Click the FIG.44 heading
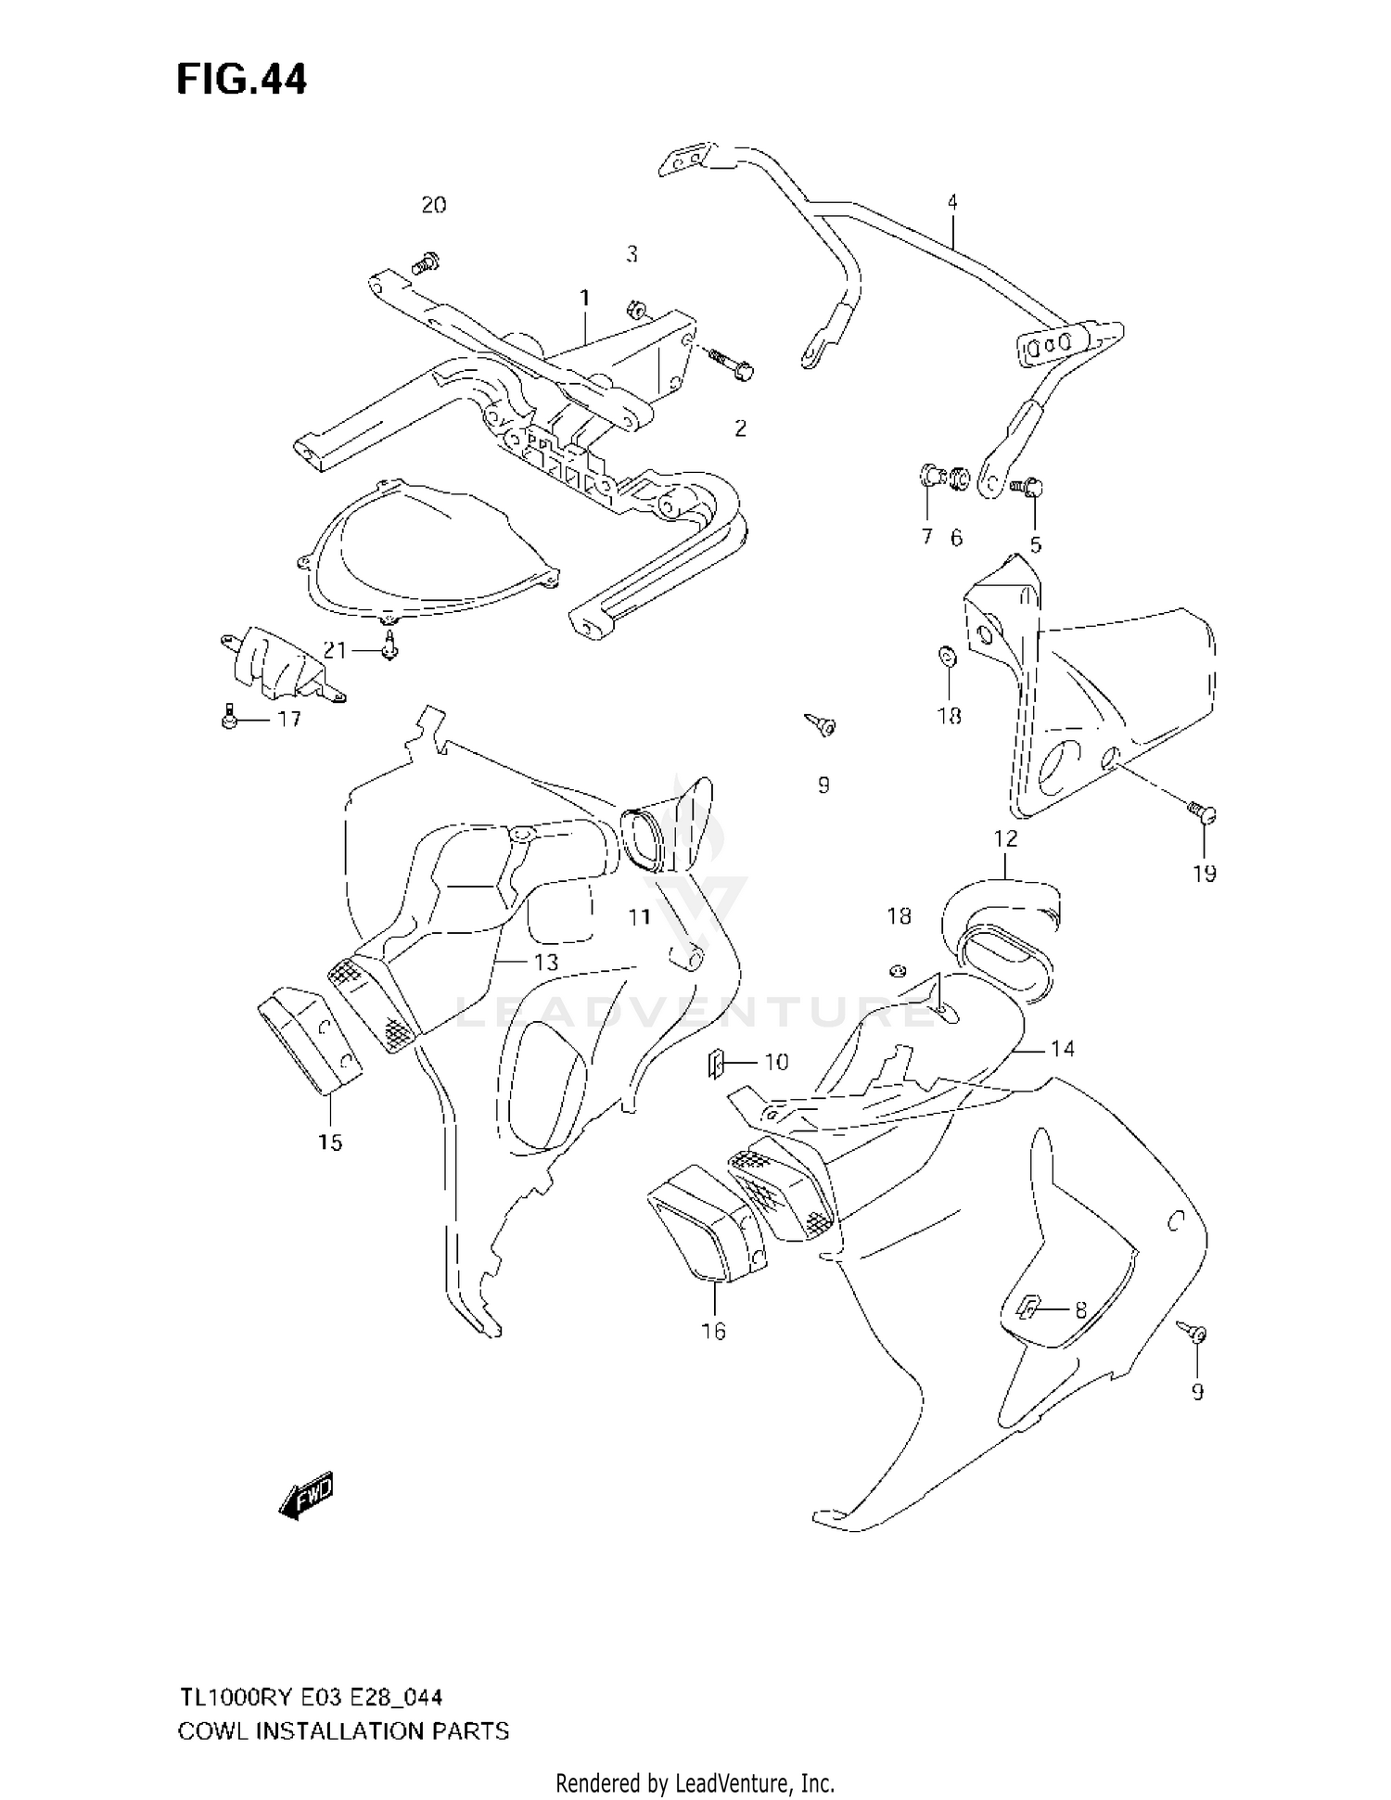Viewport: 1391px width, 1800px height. tap(241, 81)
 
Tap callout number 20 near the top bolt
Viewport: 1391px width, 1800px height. tap(434, 205)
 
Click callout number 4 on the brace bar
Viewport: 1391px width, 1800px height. tap(952, 201)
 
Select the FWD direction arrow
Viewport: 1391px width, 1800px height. tap(306, 1497)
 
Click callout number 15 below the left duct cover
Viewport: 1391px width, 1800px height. tap(330, 1143)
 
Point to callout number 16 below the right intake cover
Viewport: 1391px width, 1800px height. tap(713, 1331)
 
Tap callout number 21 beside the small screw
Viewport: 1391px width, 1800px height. tap(334, 650)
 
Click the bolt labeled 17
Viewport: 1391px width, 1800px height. tap(230, 717)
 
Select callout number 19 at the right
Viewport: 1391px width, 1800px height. tap(1205, 873)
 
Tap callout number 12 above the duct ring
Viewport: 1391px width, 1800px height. tap(1005, 838)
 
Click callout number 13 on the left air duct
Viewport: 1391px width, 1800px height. tap(546, 962)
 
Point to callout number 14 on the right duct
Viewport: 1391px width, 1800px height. tap(1062, 1048)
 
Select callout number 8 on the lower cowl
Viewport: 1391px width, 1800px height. tap(1080, 1310)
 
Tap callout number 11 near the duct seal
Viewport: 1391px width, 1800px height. tap(639, 917)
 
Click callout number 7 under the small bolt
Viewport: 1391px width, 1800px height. tap(926, 536)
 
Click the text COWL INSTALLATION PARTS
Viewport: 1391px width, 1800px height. tap(343, 1730)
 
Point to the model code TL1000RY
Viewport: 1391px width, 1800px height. tap(231, 1697)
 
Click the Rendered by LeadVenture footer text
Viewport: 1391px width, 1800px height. tap(695, 1782)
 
